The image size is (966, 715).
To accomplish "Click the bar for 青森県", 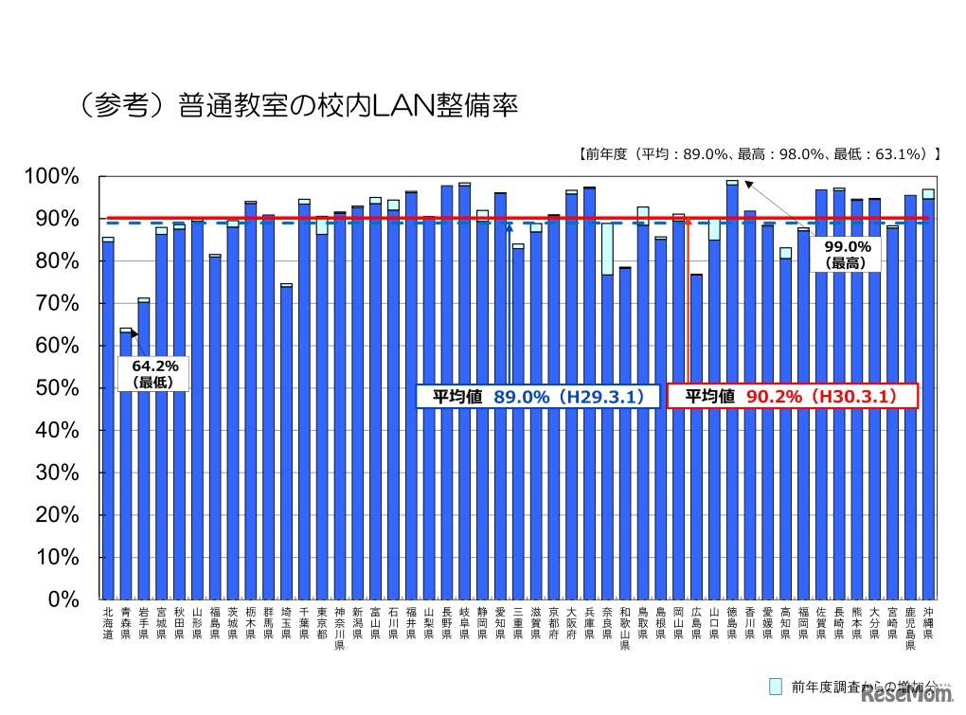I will click(x=126, y=464).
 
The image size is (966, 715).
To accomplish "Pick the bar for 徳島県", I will click(x=732, y=390).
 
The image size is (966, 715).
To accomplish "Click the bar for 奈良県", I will click(x=607, y=436).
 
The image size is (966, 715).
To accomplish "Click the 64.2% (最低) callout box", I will click(x=155, y=373).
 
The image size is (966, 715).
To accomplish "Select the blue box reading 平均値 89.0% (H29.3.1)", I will click(x=538, y=397).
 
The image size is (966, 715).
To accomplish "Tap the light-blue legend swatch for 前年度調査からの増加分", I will click(x=776, y=686).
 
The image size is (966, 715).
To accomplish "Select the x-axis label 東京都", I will click(x=322, y=622).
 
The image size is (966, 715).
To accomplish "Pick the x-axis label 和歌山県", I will click(x=625, y=628).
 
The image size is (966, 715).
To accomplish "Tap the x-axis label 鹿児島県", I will click(x=910, y=628).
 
